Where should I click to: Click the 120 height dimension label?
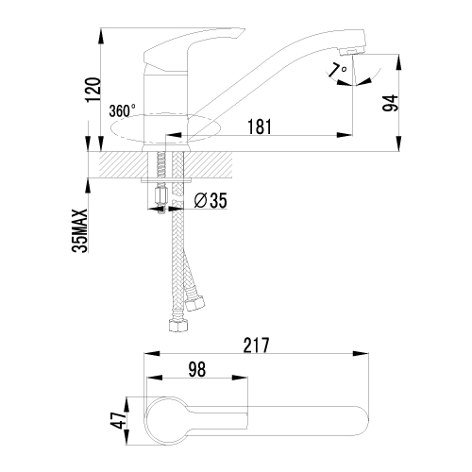[93, 89]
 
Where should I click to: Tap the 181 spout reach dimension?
[260, 126]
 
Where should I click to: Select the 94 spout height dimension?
[390, 103]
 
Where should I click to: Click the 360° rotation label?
[123, 110]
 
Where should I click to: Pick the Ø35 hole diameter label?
[211, 200]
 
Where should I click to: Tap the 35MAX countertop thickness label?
[79, 230]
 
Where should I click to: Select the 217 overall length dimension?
[257, 345]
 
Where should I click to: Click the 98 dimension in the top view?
[197, 369]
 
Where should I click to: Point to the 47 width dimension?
[118, 420]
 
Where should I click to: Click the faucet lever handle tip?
[242, 30]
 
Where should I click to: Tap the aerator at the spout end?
[351, 52]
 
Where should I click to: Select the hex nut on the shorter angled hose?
[194, 304]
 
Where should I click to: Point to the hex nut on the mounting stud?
[161, 196]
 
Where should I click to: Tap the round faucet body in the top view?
[166, 421]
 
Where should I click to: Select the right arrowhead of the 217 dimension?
[361, 353]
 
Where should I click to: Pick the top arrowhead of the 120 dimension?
[101, 36]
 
